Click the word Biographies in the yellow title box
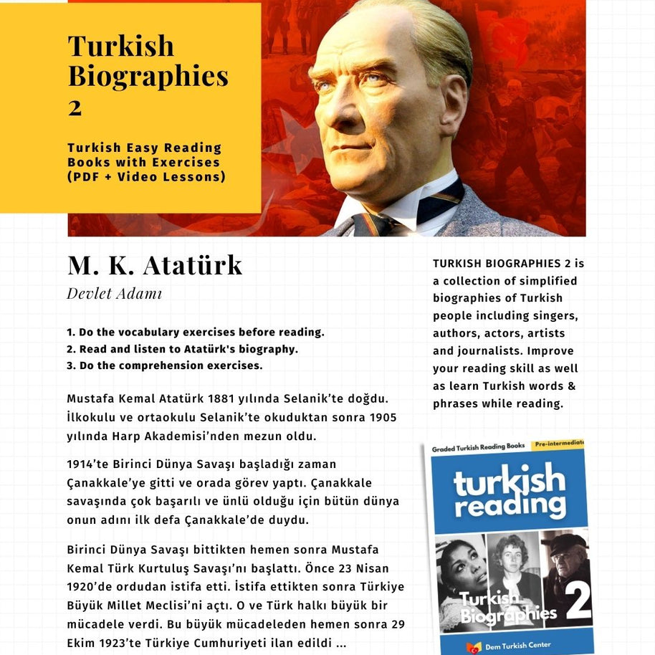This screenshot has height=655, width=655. pyautogui.click(x=148, y=75)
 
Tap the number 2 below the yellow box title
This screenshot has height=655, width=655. pyautogui.click(x=75, y=107)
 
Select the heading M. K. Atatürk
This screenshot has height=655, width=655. pyautogui.click(x=155, y=265)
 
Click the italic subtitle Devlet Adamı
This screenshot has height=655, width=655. pyautogui.click(x=115, y=294)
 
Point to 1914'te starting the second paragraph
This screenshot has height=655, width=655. pyautogui.click(x=85, y=464)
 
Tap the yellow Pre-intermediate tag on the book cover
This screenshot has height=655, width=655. pyautogui.click(x=559, y=444)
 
